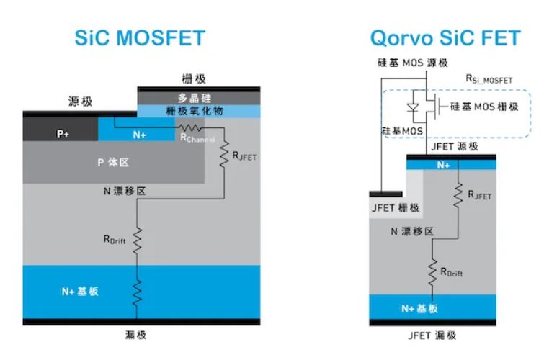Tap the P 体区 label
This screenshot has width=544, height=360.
(113, 162)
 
